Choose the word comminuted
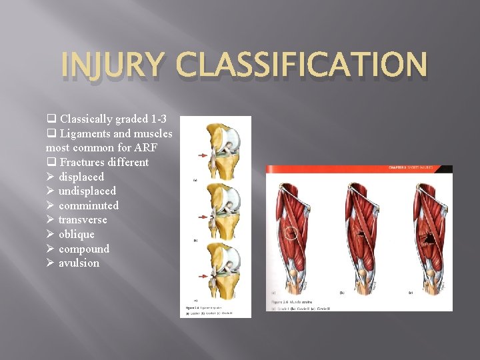(89, 205)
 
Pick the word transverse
(83, 219)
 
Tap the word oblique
(77, 234)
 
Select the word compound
(84, 249)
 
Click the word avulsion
(79, 263)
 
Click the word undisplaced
(87, 191)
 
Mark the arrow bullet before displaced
(50, 177)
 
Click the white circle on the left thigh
(291, 234)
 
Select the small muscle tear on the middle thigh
(359, 234)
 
